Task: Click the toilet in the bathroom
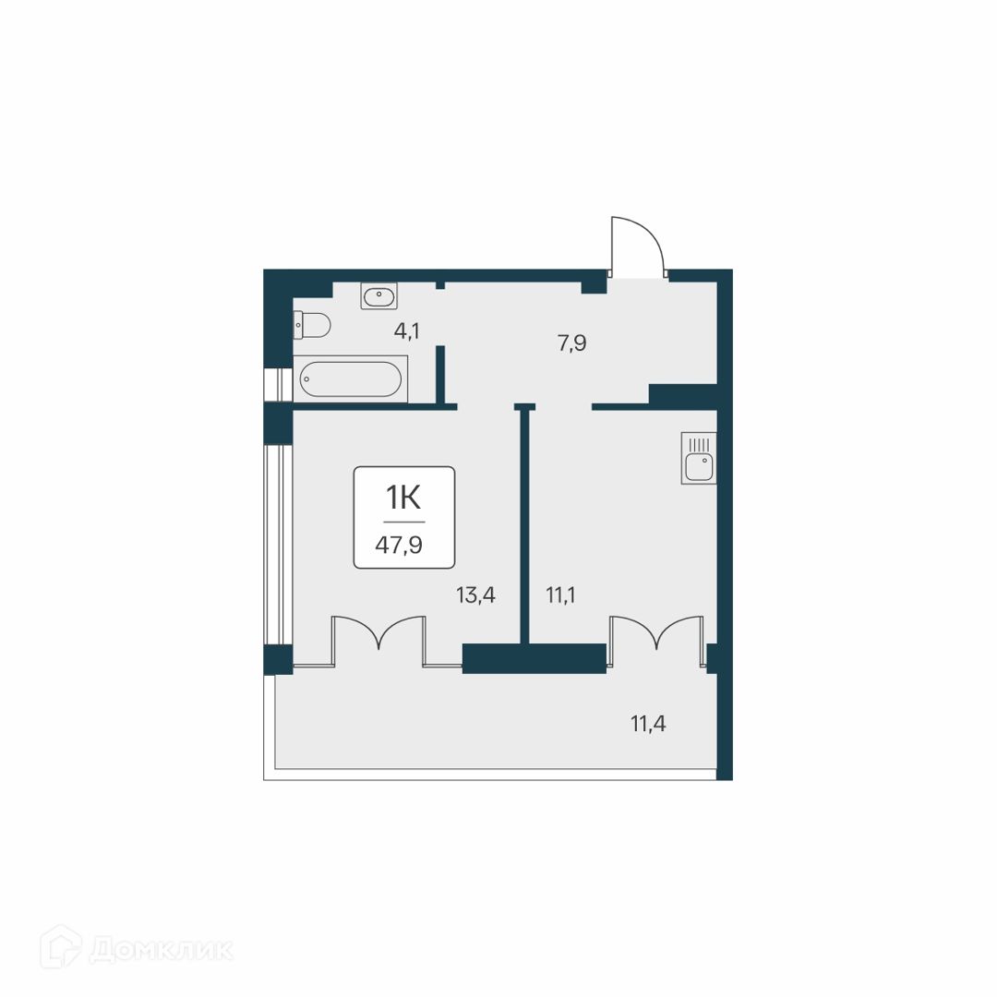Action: click(x=312, y=325)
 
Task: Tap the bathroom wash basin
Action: click(x=379, y=295)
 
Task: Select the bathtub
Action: click(x=351, y=379)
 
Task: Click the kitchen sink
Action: click(x=699, y=458)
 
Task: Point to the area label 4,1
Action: click(x=406, y=331)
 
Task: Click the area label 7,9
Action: click(x=571, y=343)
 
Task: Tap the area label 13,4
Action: click(x=475, y=595)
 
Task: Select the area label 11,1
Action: click(x=561, y=595)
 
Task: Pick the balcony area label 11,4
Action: click(x=648, y=724)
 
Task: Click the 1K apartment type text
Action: click(x=403, y=498)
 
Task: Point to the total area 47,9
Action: click(x=399, y=545)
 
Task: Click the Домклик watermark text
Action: click(x=161, y=951)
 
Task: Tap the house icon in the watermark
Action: click(x=60, y=947)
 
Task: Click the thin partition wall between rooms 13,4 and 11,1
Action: click(x=525, y=524)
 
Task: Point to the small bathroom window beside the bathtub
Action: click(x=278, y=385)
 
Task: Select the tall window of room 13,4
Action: click(x=278, y=545)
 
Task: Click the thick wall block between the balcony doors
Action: click(x=535, y=658)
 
